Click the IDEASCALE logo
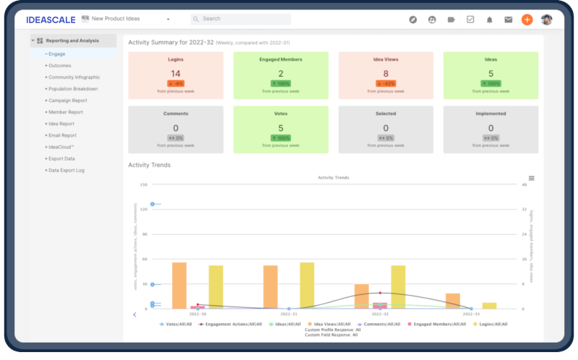point(50,19)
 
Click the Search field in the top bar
point(241,19)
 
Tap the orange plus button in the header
point(527,19)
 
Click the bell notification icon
point(489,20)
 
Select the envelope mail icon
point(508,20)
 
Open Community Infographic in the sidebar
point(74,77)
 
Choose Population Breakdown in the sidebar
point(73,89)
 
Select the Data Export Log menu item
point(66,170)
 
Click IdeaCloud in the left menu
point(61,147)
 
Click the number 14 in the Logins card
point(176,74)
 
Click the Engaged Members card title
point(280,60)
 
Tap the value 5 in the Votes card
point(280,128)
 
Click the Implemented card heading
point(491,114)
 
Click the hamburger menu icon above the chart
point(531,178)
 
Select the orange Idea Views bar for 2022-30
point(179,286)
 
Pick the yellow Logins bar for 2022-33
point(489,305)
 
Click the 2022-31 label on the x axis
point(289,314)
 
